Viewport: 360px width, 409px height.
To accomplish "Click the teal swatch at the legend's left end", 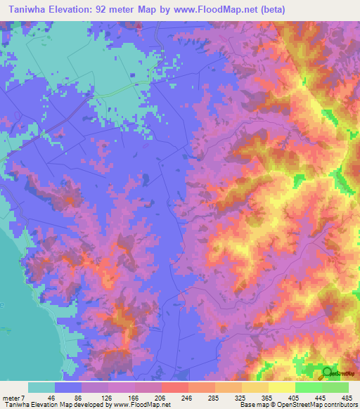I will coord(41,387).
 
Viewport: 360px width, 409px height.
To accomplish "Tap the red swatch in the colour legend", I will coord(175,387).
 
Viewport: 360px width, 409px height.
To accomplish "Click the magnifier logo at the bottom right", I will coord(327,373).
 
